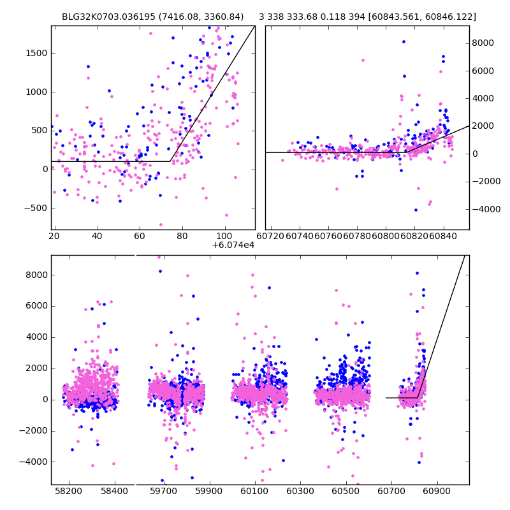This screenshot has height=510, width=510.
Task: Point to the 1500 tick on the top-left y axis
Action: (x=51, y=53)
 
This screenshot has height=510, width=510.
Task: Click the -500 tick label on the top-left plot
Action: (x=36, y=208)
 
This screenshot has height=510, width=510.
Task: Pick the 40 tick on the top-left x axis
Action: (x=97, y=229)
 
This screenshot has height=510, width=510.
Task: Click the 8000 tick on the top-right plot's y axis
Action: (x=469, y=43)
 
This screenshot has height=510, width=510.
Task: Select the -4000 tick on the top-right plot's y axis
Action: (x=469, y=209)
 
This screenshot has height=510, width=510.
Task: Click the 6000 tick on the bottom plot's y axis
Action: (x=51, y=306)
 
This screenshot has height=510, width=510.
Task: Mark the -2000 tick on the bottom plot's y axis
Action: (x=51, y=430)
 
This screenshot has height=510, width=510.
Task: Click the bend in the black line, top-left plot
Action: (x=170, y=161)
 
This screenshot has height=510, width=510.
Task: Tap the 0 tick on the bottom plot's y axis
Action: (x=51, y=399)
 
